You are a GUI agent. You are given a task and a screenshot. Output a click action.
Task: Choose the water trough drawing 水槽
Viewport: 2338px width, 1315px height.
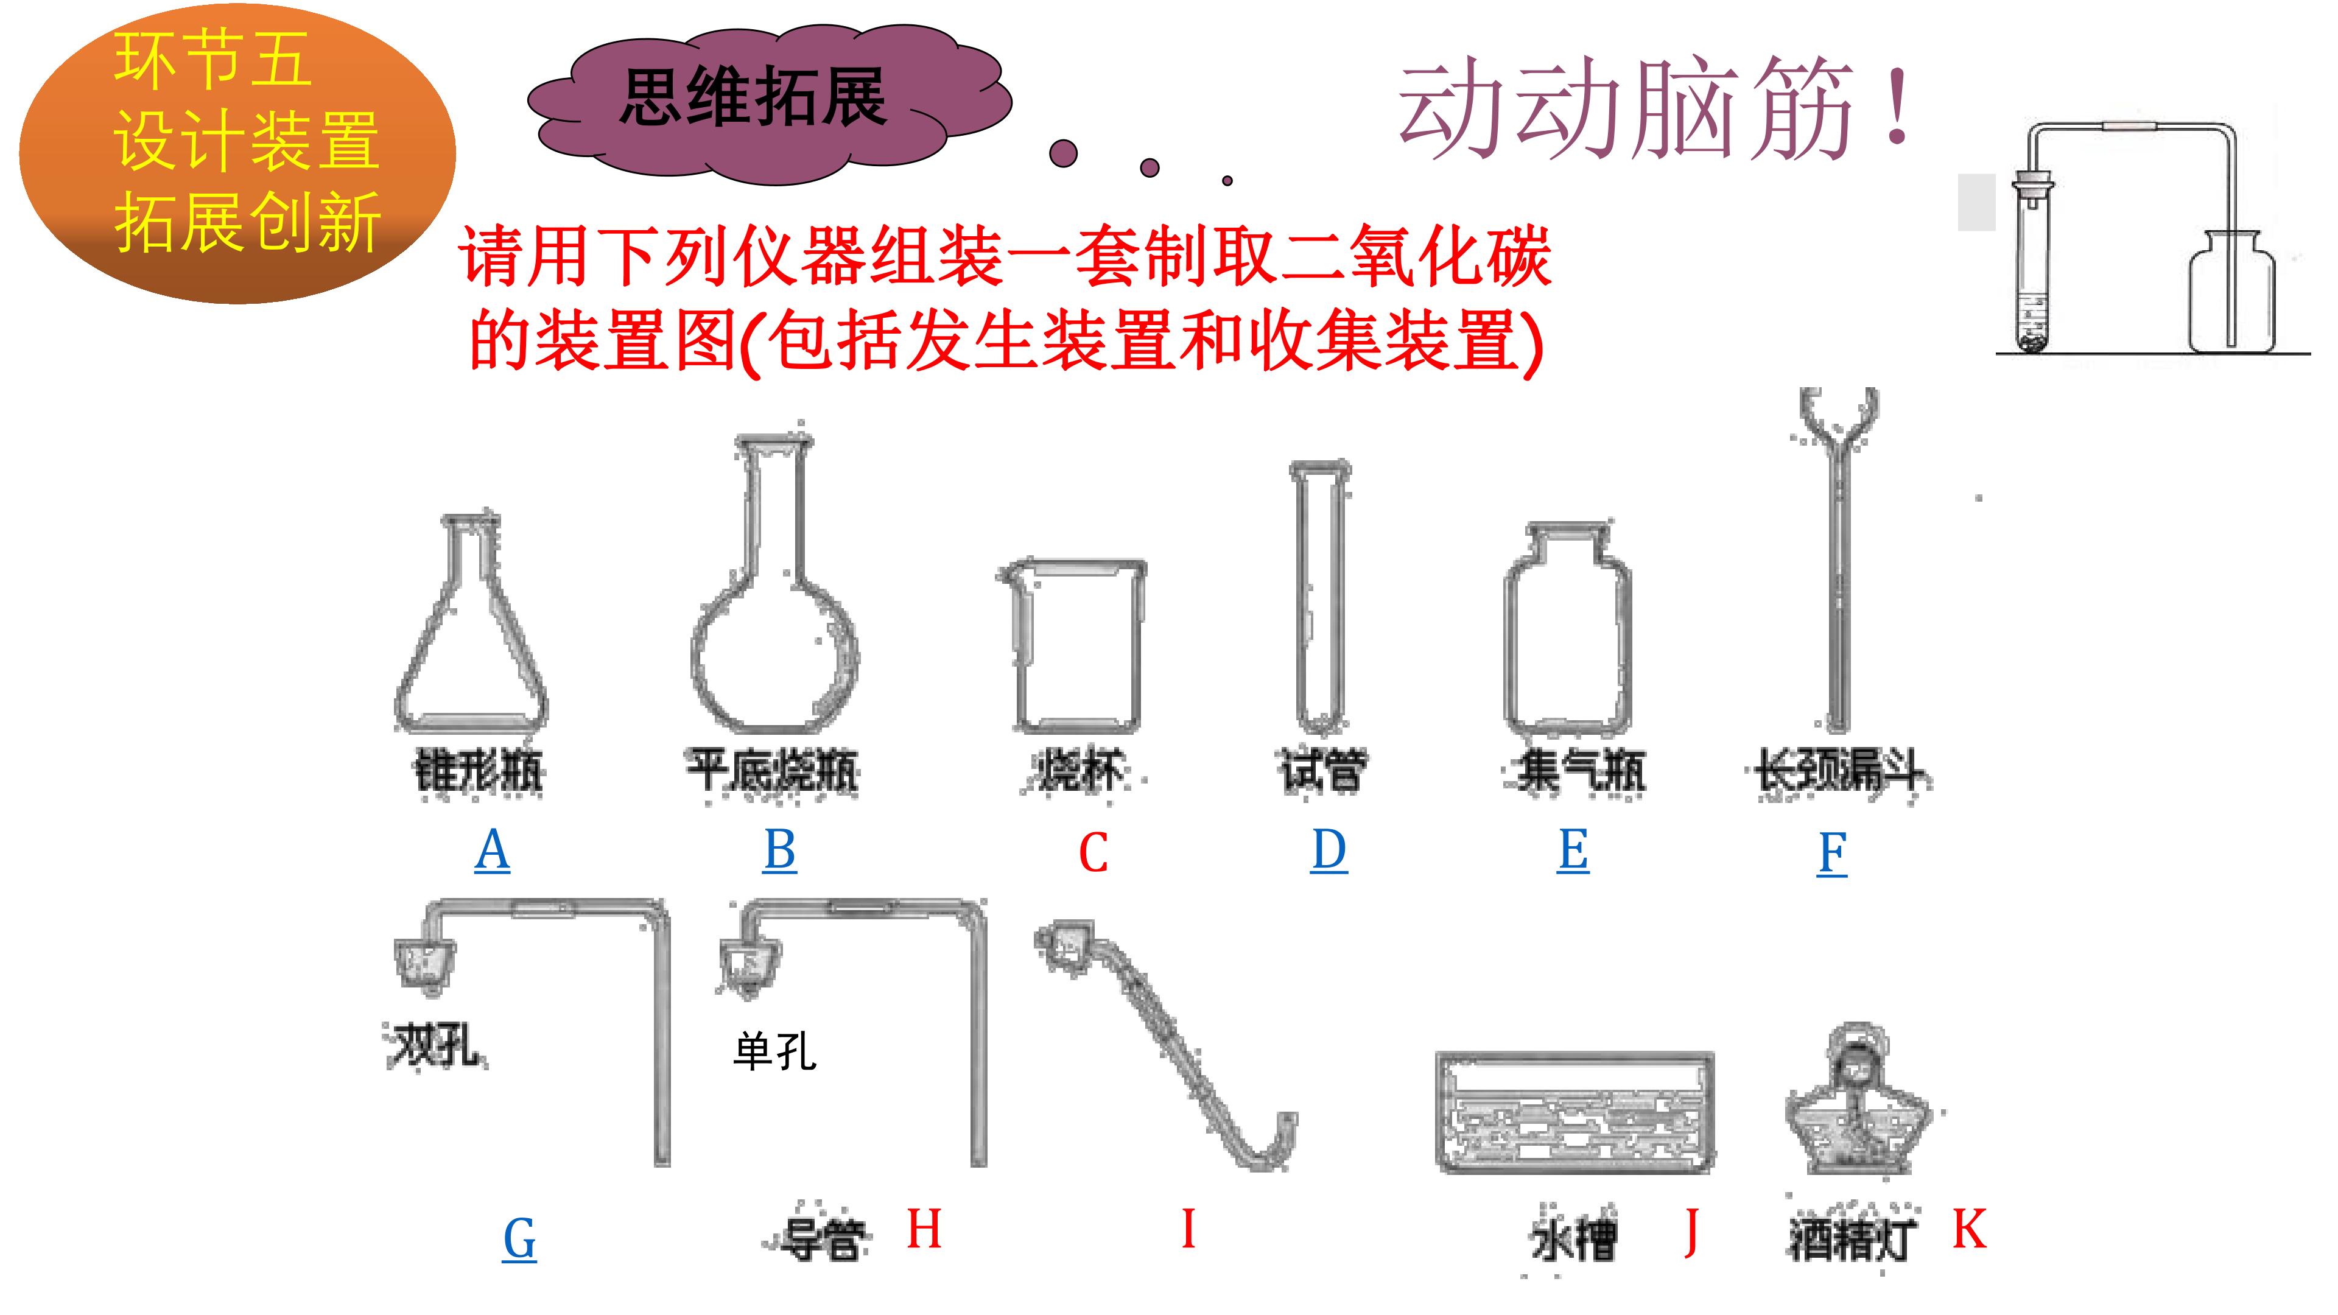coord(1574,1111)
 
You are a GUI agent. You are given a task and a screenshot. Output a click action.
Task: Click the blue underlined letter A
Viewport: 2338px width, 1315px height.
coord(492,850)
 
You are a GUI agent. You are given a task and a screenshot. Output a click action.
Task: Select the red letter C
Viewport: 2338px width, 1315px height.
coord(1094,853)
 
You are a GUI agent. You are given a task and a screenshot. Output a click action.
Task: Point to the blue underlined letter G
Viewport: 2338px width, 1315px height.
coord(519,1239)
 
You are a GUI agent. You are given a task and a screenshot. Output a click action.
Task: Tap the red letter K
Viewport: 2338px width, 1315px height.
coord(1968,1230)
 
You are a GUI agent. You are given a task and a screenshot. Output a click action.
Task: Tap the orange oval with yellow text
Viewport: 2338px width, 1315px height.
coord(238,152)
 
